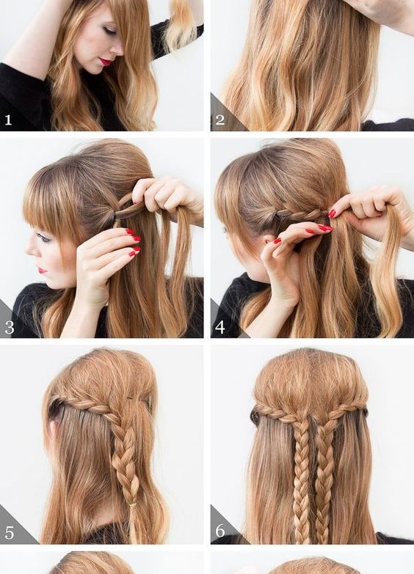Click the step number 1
coord(8,119)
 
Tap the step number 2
coord(219,119)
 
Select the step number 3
coord(9,327)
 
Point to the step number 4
coord(220,327)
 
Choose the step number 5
coord(9,533)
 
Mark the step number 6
coord(220,531)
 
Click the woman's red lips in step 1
coord(105,62)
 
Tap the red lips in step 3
coord(42,271)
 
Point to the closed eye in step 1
coord(109,30)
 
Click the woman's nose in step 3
coord(29,250)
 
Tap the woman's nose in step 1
coord(117,48)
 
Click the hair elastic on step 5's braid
coord(130,506)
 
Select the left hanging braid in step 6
coord(302,479)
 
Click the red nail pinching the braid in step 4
coord(332,213)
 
